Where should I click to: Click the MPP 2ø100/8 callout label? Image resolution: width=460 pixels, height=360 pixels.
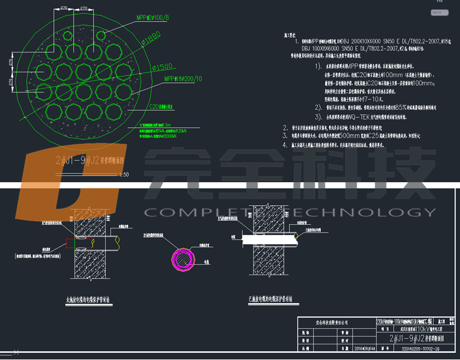click(152, 18)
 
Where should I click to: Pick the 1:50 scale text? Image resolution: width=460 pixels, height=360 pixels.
click(125, 175)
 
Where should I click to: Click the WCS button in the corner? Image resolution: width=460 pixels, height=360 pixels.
click(437, 12)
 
